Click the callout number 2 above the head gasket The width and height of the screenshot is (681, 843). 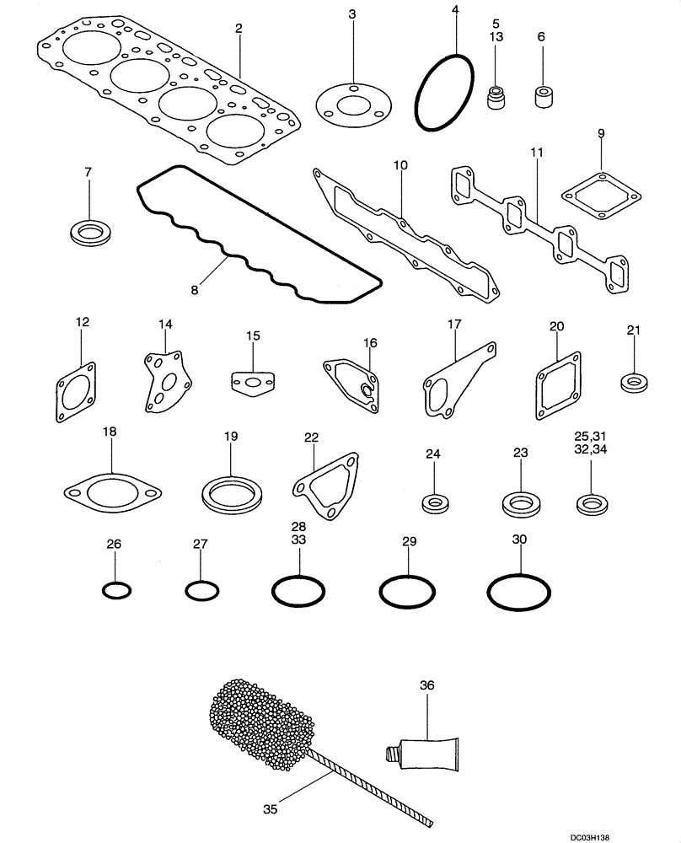point(239,28)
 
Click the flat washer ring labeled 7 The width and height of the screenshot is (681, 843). point(88,233)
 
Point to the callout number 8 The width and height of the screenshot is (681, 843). point(194,289)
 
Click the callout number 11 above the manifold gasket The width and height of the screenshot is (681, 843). point(537,152)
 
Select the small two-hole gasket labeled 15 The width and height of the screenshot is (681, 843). point(253,384)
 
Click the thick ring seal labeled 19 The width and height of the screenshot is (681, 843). point(231,491)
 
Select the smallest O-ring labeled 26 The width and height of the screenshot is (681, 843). point(115,590)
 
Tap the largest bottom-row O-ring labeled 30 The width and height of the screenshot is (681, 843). point(518,593)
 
